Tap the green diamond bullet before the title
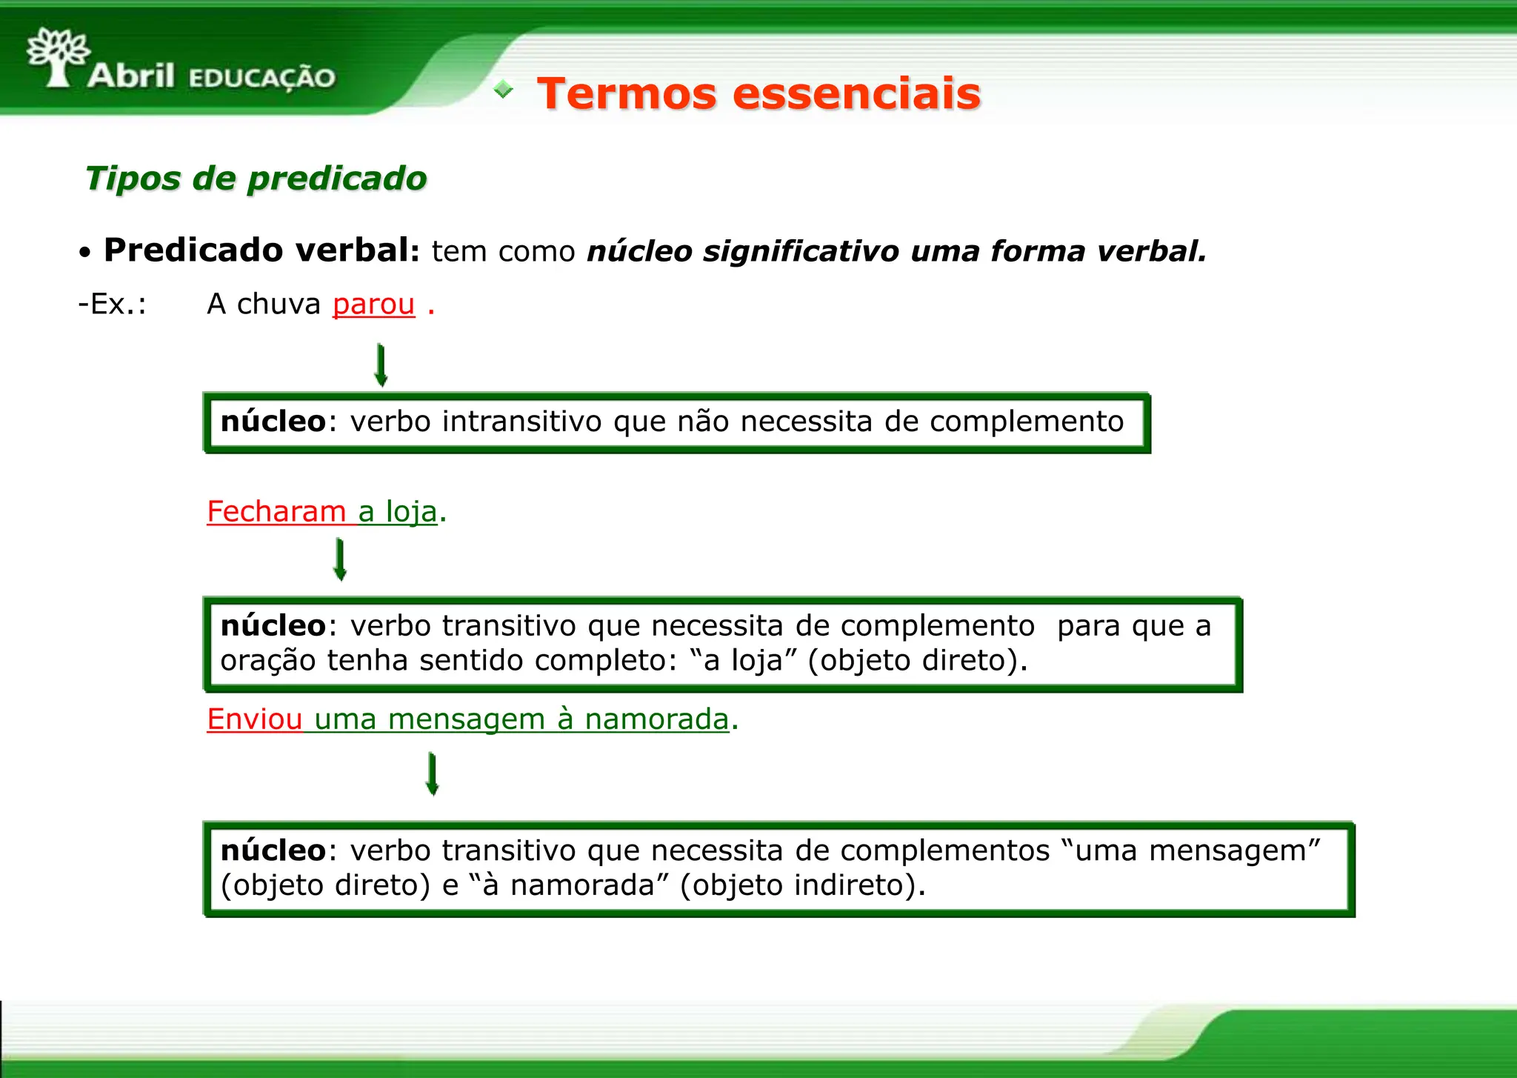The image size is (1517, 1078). click(x=504, y=90)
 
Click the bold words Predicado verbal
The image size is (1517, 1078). click(x=261, y=250)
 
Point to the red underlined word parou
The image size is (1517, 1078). click(x=373, y=304)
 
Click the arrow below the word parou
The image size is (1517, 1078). click(x=381, y=365)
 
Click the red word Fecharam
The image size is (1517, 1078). click(x=276, y=511)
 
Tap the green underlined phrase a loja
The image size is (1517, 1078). click(x=398, y=511)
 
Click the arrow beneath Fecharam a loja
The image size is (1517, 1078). click(x=340, y=559)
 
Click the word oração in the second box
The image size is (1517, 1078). click(x=268, y=660)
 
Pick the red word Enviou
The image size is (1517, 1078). click(x=254, y=719)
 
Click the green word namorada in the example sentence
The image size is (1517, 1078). click(x=656, y=719)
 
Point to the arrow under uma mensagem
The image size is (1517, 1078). click(x=433, y=773)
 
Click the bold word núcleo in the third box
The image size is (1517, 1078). click(x=273, y=851)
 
